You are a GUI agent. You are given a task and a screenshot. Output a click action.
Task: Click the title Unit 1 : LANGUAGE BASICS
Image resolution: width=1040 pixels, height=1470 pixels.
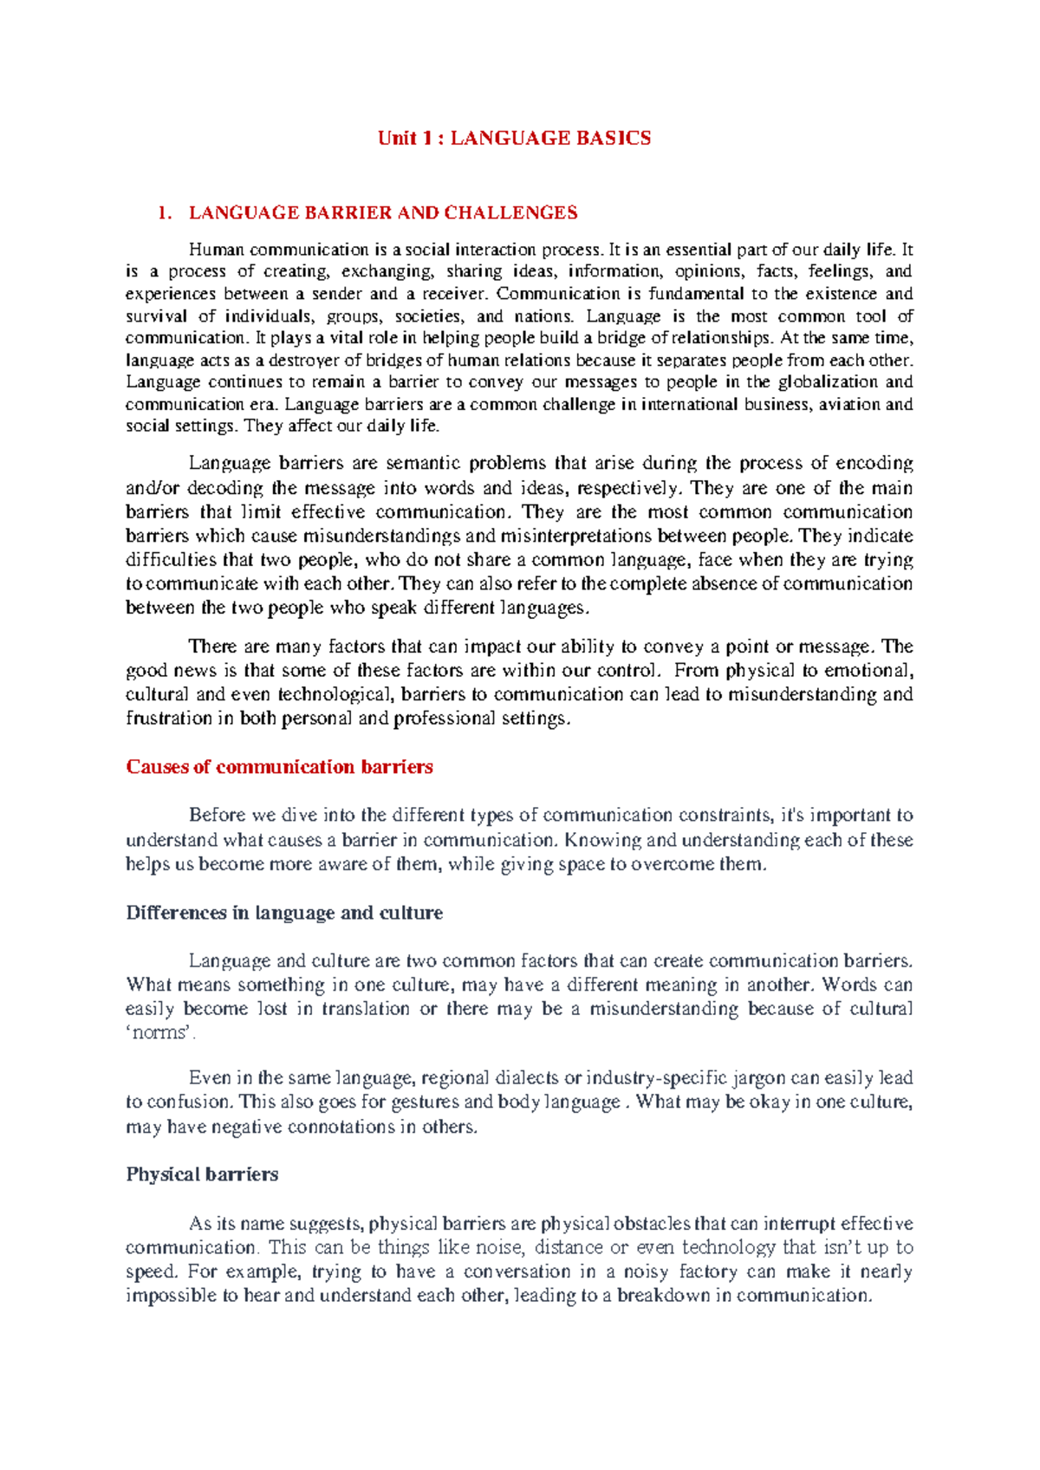(x=514, y=139)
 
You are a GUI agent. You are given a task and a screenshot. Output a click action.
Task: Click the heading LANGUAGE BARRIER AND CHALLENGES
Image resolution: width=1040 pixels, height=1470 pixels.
(x=383, y=213)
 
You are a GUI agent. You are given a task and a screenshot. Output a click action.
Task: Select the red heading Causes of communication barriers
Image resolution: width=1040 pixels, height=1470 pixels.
(x=279, y=767)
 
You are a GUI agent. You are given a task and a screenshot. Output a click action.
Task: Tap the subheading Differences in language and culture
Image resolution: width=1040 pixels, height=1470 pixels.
(x=284, y=914)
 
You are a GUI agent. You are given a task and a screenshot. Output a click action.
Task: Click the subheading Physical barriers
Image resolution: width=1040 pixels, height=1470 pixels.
(x=202, y=1174)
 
